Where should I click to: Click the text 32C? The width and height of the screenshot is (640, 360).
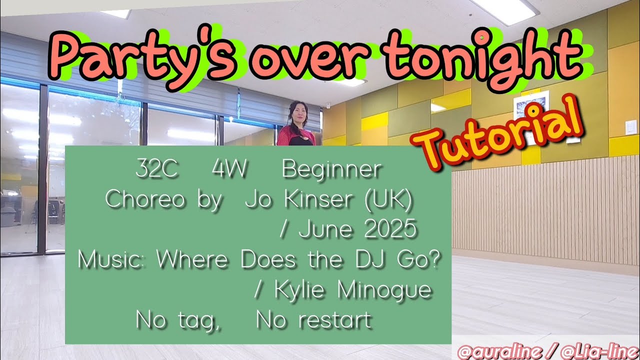[x=156, y=170]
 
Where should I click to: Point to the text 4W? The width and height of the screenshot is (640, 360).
[x=229, y=170]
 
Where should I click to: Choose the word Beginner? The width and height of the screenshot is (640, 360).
[x=331, y=170]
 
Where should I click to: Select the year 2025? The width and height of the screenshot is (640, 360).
[x=390, y=230]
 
